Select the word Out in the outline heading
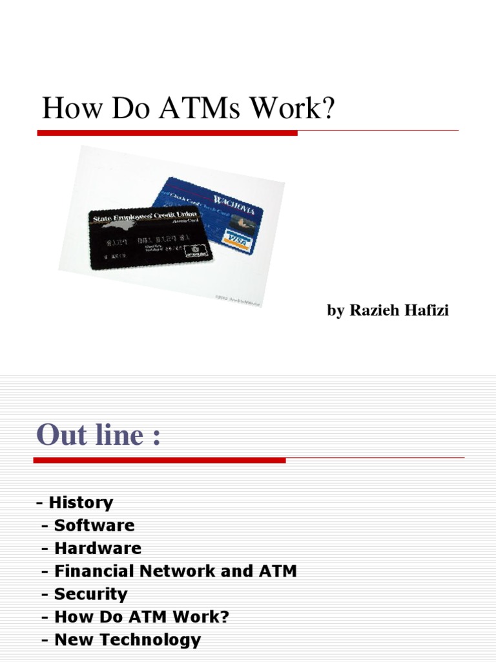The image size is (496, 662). (x=61, y=434)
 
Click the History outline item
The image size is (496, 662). (x=81, y=502)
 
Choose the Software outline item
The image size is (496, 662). (x=94, y=526)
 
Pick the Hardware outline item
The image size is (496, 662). (x=98, y=548)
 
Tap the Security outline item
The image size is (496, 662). (x=90, y=594)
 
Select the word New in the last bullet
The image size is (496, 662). (x=71, y=640)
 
